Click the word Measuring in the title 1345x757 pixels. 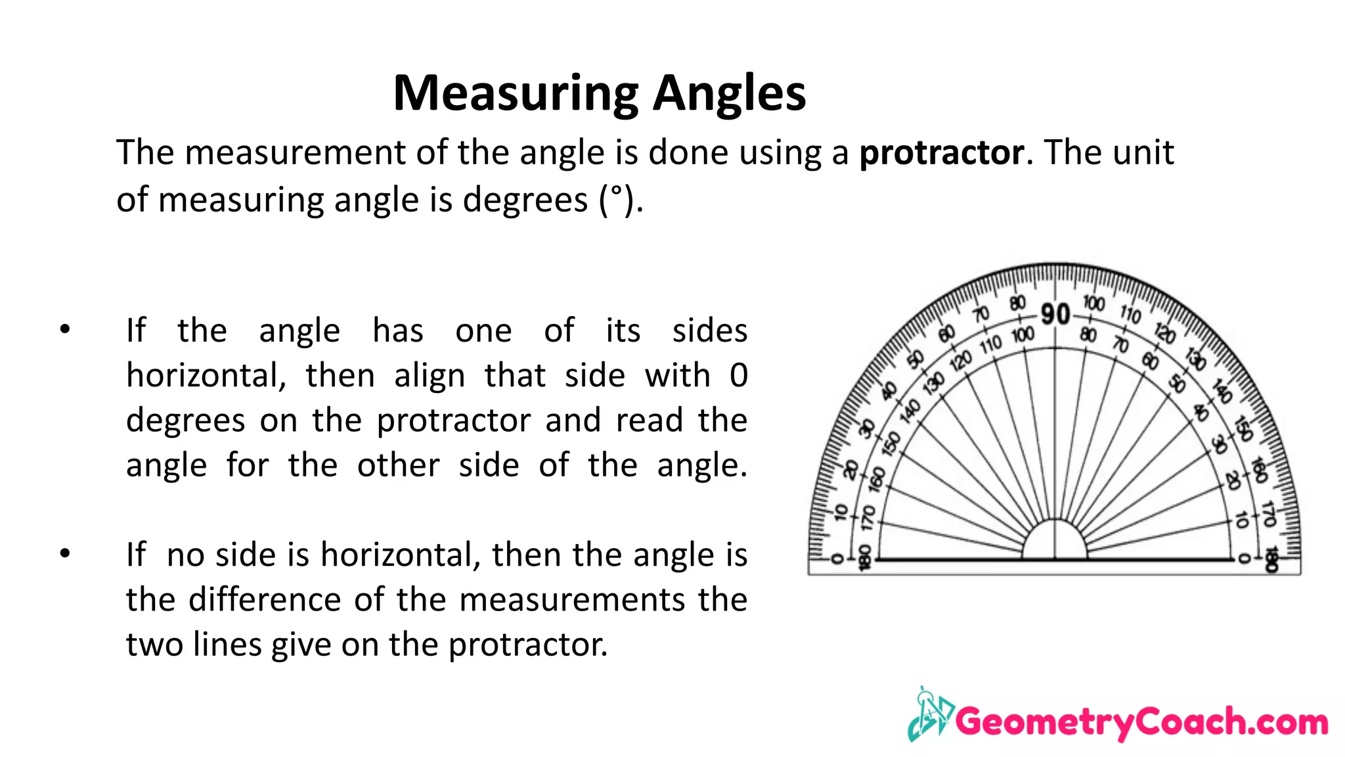(516, 94)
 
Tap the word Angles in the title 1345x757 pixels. (729, 94)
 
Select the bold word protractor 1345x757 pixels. (941, 153)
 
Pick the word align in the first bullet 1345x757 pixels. (430, 376)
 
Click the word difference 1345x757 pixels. (263, 599)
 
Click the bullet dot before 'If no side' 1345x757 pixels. (64, 553)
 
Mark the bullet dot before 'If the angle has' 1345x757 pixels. (64, 329)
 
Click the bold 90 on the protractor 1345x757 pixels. (1055, 314)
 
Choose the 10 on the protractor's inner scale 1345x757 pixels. (1241, 520)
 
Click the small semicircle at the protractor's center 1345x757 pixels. (1055, 541)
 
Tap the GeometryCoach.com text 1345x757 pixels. (1141, 722)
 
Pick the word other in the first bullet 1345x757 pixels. (398, 465)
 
